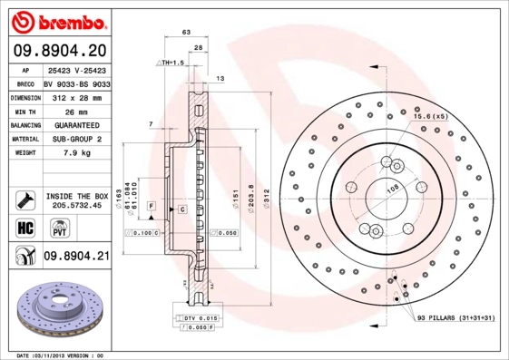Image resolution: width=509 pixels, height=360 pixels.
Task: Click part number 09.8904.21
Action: [77, 257]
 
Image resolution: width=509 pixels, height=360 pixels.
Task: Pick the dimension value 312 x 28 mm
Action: [76, 95]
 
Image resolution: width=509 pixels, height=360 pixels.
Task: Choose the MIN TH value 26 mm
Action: [64, 110]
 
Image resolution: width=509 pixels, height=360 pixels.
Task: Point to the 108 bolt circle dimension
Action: [393, 189]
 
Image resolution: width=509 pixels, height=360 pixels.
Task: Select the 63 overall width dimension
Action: [186, 32]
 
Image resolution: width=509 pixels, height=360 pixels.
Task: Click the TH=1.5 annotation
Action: [171, 63]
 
